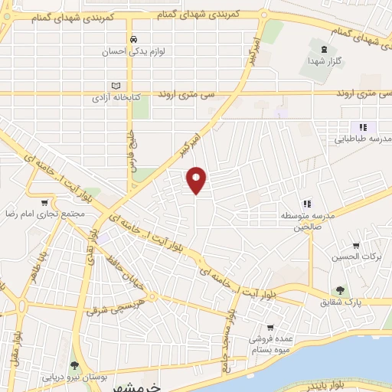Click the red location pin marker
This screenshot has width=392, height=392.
[x=198, y=179]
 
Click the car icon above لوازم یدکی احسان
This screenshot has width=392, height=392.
[x=133, y=39]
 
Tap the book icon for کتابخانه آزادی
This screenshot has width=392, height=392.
[x=116, y=85]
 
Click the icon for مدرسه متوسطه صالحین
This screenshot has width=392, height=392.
[x=307, y=203]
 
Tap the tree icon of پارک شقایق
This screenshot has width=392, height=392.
[x=339, y=289]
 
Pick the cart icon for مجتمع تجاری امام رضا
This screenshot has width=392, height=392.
[x=44, y=203]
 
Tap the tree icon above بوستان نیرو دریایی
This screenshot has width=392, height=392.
[x=75, y=364]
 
